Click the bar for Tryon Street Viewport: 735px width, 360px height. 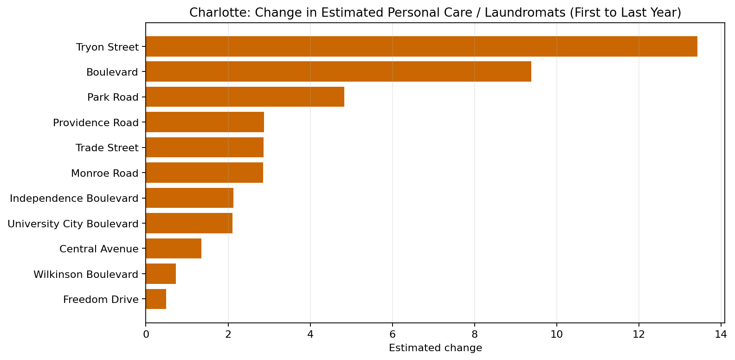[x=421, y=46]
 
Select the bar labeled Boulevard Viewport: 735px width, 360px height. [x=338, y=71]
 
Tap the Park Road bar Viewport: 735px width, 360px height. [x=245, y=97]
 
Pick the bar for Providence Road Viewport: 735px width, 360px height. [x=205, y=122]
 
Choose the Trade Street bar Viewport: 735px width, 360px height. [x=205, y=148]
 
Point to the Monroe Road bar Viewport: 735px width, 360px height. [x=204, y=173]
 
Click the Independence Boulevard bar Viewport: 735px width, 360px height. [x=189, y=198]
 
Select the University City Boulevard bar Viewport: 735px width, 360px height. [x=189, y=223]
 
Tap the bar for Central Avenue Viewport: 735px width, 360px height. [x=174, y=249]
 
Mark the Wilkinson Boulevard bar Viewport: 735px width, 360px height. [x=161, y=274]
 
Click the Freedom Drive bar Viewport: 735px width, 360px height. [x=156, y=299]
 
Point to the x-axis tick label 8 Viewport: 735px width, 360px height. [x=475, y=334]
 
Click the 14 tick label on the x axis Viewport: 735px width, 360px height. [x=721, y=334]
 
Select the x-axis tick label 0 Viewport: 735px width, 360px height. [x=146, y=334]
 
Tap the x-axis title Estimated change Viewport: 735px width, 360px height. [x=435, y=348]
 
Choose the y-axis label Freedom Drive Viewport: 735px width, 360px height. [x=101, y=300]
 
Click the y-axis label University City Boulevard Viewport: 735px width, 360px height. [x=73, y=224]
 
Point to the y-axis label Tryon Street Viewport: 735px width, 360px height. [x=107, y=47]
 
